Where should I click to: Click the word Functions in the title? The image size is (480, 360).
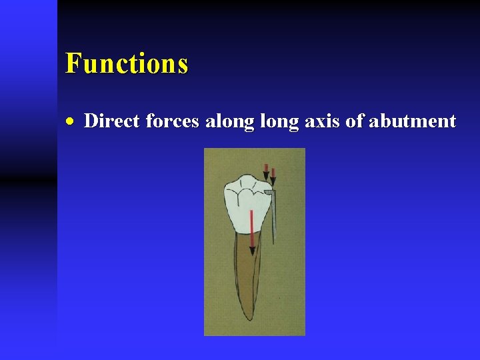127,63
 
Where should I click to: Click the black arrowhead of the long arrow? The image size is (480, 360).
252,250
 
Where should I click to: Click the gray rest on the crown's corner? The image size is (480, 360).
268,192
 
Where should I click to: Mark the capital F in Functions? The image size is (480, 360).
73,63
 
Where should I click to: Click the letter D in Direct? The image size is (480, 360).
91,121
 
